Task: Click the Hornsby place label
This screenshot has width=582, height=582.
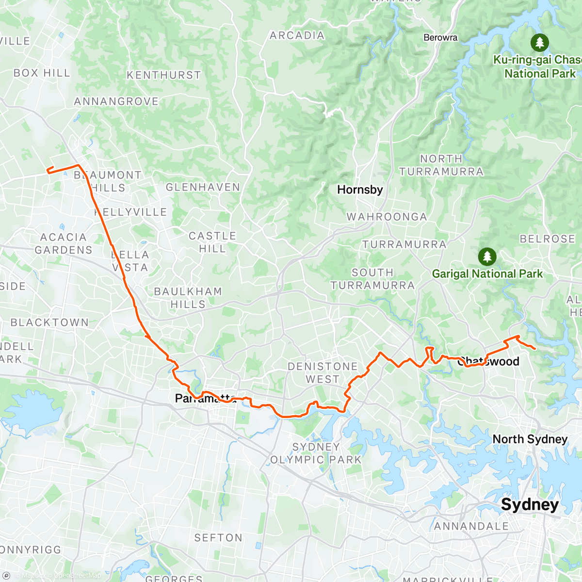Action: click(360, 190)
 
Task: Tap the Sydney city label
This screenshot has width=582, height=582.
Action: click(530, 504)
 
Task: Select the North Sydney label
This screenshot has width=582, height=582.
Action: click(530, 439)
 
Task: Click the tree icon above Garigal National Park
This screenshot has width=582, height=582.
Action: click(487, 257)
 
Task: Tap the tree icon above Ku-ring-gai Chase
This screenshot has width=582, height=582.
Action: click(539, 43)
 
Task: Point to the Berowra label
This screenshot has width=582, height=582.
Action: click(440, 37)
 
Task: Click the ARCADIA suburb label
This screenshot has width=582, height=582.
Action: click(297, 35)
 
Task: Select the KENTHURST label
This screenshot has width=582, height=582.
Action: click(163, 75)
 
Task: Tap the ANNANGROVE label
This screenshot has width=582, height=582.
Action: click(116, 101)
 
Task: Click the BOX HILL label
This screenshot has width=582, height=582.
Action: click(42, 73)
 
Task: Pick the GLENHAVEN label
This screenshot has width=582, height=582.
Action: click(203, 187)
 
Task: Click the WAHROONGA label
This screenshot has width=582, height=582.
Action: click(387, 217)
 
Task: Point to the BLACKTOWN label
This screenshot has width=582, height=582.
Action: click(49, 323)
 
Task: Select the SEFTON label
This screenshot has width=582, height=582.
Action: click(218, 538)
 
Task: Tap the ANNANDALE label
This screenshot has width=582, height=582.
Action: click(471, 526)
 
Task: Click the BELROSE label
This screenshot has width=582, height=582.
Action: click(547, 239)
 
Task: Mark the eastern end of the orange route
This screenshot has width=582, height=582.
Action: click(534, 348)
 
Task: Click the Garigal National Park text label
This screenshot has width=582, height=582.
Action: click(487, 274)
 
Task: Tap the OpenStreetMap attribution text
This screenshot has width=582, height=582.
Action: click(78, 576)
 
